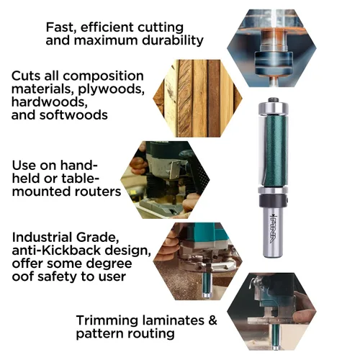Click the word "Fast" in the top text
pos(58,27)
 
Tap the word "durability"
pos(173,40)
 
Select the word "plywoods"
pos(111,89)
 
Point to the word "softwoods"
pos(73,114)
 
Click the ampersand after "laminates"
pos(212,320)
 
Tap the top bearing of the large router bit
pos(273,108)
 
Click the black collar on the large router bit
pos(273,201)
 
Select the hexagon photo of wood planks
pos(197,99)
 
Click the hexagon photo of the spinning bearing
pos(271,48)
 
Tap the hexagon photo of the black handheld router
pos(165,180)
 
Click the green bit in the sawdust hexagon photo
pos(207,285)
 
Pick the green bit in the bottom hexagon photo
pos(276,336)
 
